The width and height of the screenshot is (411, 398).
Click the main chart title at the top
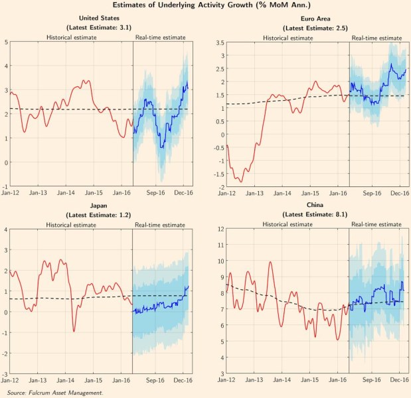[205, 6]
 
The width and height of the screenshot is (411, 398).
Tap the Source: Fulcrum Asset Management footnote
[55, 393]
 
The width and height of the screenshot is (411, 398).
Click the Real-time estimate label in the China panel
[376, 226]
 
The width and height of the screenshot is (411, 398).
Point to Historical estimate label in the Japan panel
[71, 226]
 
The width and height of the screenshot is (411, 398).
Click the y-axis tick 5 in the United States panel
[6, 42]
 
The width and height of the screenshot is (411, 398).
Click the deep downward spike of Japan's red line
[74, 330]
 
